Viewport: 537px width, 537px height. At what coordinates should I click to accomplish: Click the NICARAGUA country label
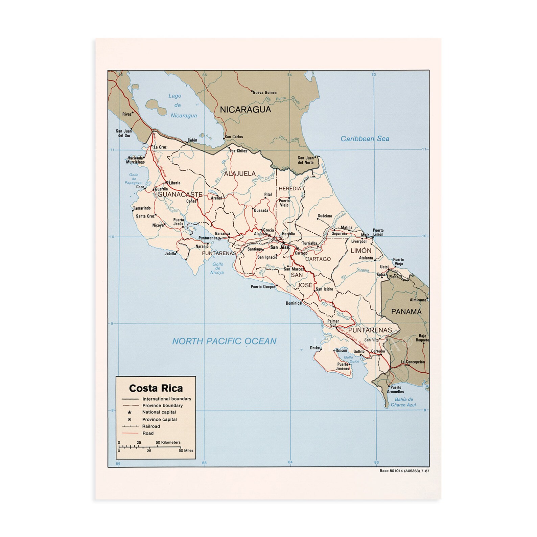point(246,110)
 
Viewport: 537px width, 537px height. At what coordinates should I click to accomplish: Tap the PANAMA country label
point(406,311)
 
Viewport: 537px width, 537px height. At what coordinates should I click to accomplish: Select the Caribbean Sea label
point(365,139)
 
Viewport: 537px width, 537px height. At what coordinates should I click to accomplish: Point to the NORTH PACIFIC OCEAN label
point(224,341)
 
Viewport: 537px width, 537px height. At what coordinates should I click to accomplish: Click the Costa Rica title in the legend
point(156,388)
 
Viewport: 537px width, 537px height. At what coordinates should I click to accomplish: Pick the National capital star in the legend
point(129,412)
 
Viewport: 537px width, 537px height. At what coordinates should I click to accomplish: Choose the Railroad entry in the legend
point(151,426)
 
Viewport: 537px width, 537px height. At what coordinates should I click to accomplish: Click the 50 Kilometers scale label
point(168,442)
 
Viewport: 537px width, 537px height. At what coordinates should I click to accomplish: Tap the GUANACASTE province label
point(180,194)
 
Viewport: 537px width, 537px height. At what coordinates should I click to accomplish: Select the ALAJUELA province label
point(240,173)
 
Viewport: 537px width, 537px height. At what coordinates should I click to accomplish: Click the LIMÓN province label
point(361,251)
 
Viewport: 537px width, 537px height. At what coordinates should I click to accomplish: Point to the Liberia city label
point(174,183)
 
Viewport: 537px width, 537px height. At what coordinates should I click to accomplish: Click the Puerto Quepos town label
point(263,287)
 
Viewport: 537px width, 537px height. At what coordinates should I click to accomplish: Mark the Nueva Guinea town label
point(265,92)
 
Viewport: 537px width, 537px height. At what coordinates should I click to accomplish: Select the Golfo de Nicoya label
point(217,268)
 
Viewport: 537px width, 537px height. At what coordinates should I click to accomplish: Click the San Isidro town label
point(324,289)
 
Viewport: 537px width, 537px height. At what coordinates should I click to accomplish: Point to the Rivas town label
point(127,114)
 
